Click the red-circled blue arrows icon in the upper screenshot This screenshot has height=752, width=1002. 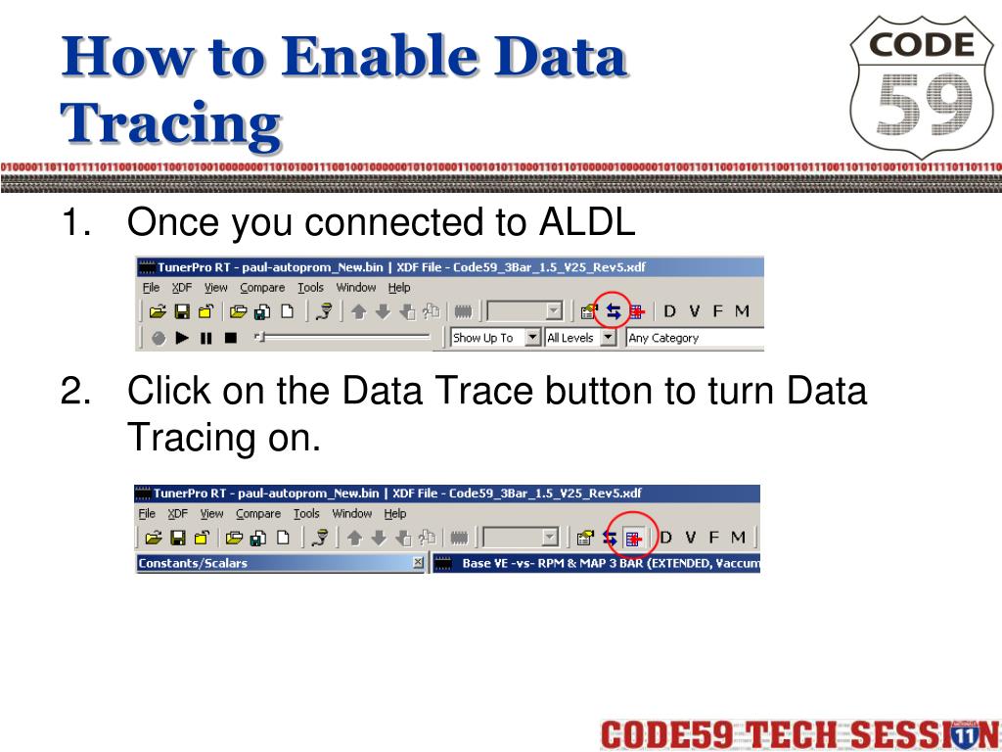(614, 311)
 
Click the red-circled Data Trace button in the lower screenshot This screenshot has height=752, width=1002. (632, 537)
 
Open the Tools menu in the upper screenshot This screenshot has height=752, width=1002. (311, 288)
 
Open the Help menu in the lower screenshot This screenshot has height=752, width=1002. (395, 513)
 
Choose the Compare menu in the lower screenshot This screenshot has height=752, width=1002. (258, 513)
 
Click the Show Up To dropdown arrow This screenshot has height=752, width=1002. (532, 338)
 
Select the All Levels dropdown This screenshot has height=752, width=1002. (580, 338)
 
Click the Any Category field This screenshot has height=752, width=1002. (693, 338)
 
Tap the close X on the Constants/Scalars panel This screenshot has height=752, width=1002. (418, 563)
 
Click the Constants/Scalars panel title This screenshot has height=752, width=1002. (194, 563)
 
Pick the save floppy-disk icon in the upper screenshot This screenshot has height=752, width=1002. (181, 311)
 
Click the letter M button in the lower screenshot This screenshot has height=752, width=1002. (738, 537)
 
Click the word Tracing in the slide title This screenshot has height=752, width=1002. (171, 124)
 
